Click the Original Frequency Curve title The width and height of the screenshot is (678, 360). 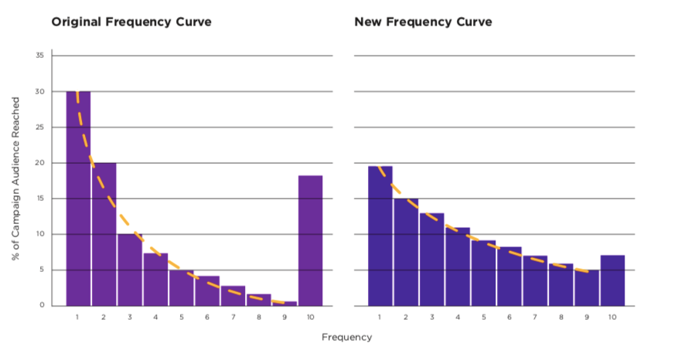pos(131,22)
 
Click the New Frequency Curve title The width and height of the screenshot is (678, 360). pos(423,22)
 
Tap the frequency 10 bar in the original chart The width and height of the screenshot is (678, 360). pos(310,240)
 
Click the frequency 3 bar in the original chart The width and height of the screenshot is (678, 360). pos(130,270)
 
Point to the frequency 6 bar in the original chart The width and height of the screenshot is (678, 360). pos(207,290)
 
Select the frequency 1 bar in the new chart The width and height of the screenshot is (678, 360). pos(380,236)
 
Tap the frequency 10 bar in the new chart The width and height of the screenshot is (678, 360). pos(612,280)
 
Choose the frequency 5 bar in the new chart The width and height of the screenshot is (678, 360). pos(483,273)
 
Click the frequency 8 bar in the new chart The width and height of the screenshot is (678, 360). pos(560,284)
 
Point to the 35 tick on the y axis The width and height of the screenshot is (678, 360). pos(39,56)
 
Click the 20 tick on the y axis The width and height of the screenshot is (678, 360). pos(39,163)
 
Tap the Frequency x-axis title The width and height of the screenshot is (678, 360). pos(346,337)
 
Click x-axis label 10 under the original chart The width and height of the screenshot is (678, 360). pos(310,317)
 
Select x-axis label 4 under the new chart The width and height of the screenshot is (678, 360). pos(457,317)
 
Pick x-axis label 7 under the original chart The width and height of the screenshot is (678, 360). pos(233,317)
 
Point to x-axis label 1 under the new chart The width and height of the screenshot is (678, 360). pos(380,317)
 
